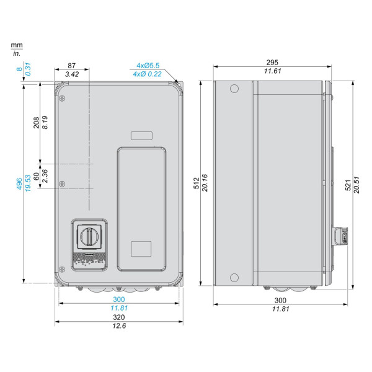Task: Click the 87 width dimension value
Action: pos(71,66)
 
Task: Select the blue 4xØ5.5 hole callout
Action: pos(148,66)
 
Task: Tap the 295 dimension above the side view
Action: pos(272,63)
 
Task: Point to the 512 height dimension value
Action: pos(197,183)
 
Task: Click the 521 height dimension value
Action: pos(348,185)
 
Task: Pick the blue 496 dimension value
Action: pos(19,184)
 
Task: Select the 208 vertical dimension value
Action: pos(37,122)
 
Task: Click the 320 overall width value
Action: pos(118,317)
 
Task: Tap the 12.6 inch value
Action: pos(119,325)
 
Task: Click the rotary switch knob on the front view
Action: pos(89,237)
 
